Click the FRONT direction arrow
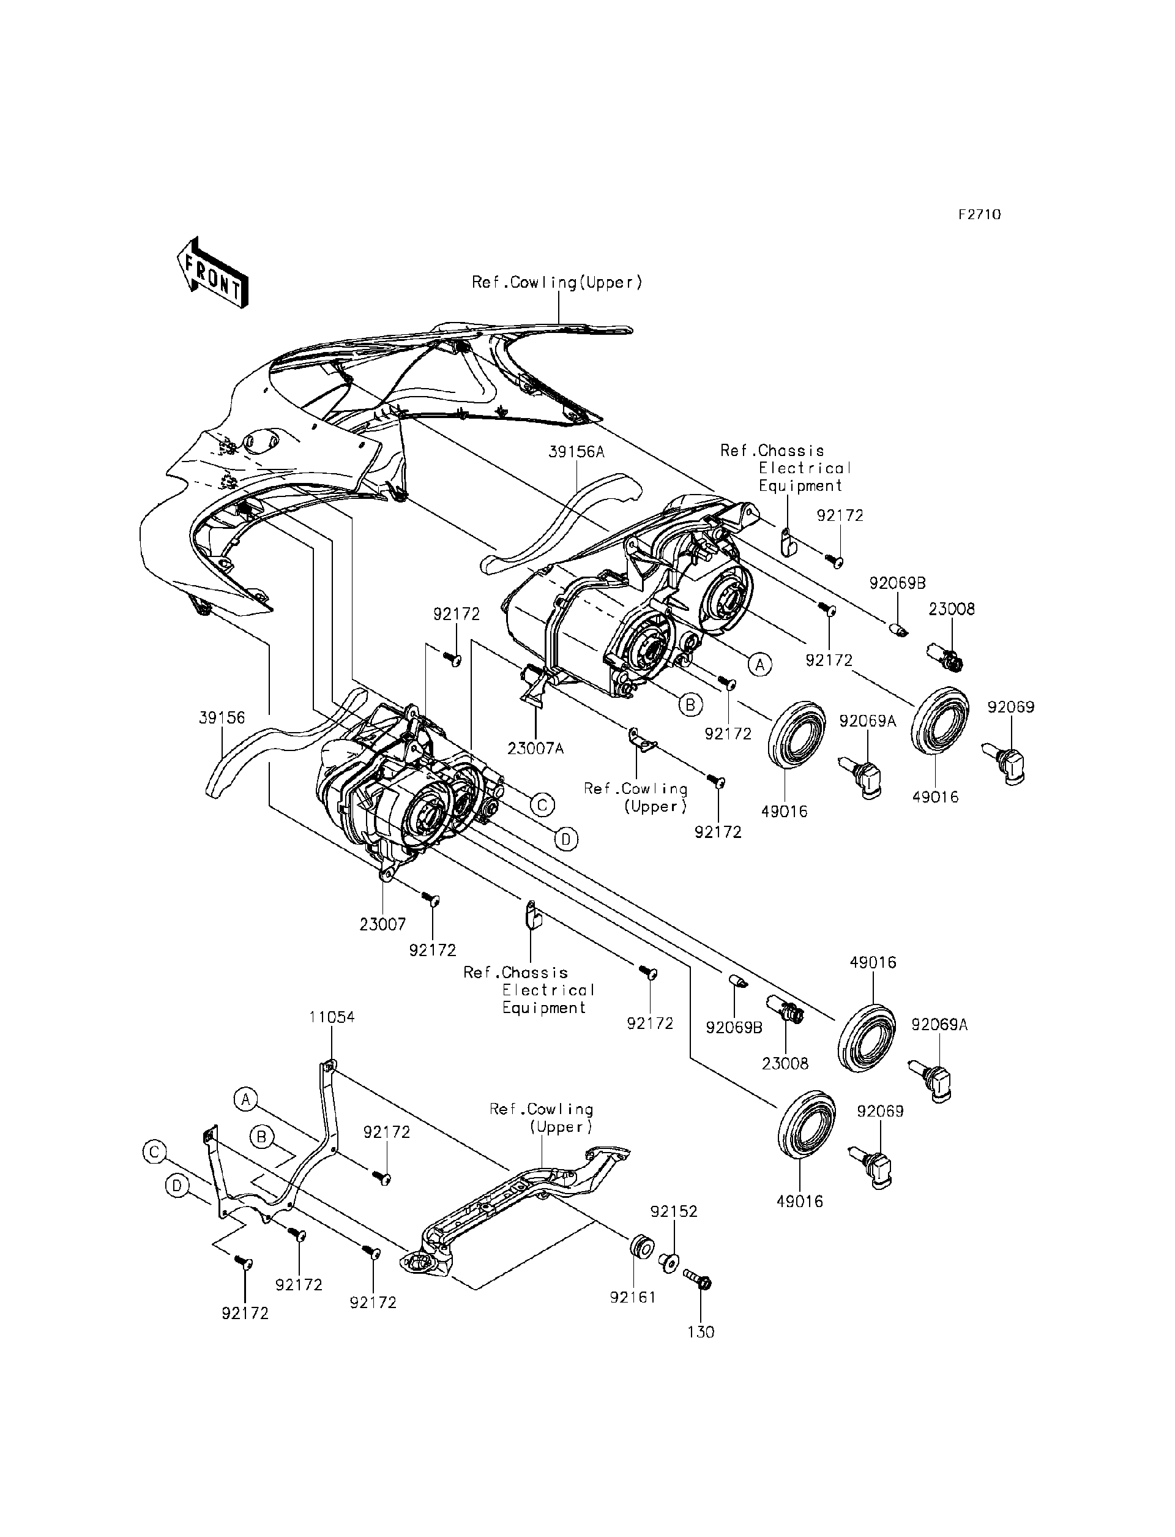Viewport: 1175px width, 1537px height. (212, 274)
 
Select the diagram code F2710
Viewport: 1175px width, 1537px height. (979, 215)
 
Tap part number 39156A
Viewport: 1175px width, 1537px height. (576, 452)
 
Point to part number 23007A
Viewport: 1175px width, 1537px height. (535, 749)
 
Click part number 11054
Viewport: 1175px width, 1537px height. (332, 1017)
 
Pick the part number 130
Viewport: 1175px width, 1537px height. (701, 1332)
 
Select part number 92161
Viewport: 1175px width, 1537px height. (632, 1297)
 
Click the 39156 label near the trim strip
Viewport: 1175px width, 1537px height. (222, 718)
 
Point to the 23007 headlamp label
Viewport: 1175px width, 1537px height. (382, 924)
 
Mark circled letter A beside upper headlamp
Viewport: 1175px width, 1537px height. (760, 664)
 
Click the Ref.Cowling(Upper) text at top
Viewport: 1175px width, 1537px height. (557, 283)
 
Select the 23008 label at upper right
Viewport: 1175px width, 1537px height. (951, 608)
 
